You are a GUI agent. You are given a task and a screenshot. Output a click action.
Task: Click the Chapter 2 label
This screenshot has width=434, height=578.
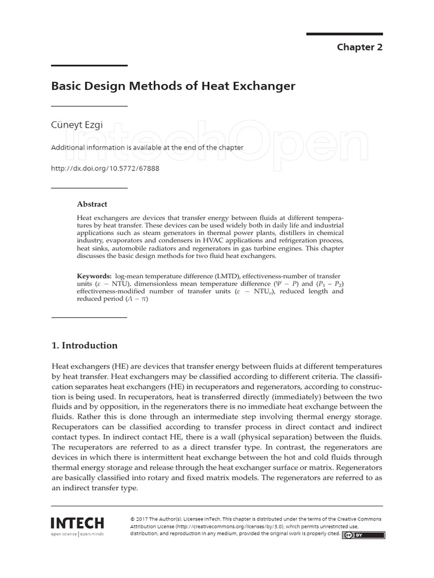359,47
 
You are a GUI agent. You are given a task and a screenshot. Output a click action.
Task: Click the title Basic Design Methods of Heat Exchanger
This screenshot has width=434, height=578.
173,86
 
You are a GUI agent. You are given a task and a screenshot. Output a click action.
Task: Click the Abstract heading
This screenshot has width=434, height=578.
92,204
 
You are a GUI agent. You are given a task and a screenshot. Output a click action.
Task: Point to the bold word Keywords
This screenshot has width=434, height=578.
94,275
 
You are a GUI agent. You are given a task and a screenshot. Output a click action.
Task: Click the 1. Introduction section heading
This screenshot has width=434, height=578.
84,345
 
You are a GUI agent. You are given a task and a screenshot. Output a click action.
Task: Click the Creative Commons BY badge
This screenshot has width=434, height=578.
363,535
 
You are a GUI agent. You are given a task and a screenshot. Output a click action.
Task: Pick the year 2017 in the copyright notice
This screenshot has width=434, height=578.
145,519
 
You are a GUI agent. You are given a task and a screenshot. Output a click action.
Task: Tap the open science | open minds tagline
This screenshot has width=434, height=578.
77,533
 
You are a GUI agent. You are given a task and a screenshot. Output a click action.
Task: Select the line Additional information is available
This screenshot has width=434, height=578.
147,147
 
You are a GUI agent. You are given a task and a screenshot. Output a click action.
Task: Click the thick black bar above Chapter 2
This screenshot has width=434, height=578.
344,34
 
